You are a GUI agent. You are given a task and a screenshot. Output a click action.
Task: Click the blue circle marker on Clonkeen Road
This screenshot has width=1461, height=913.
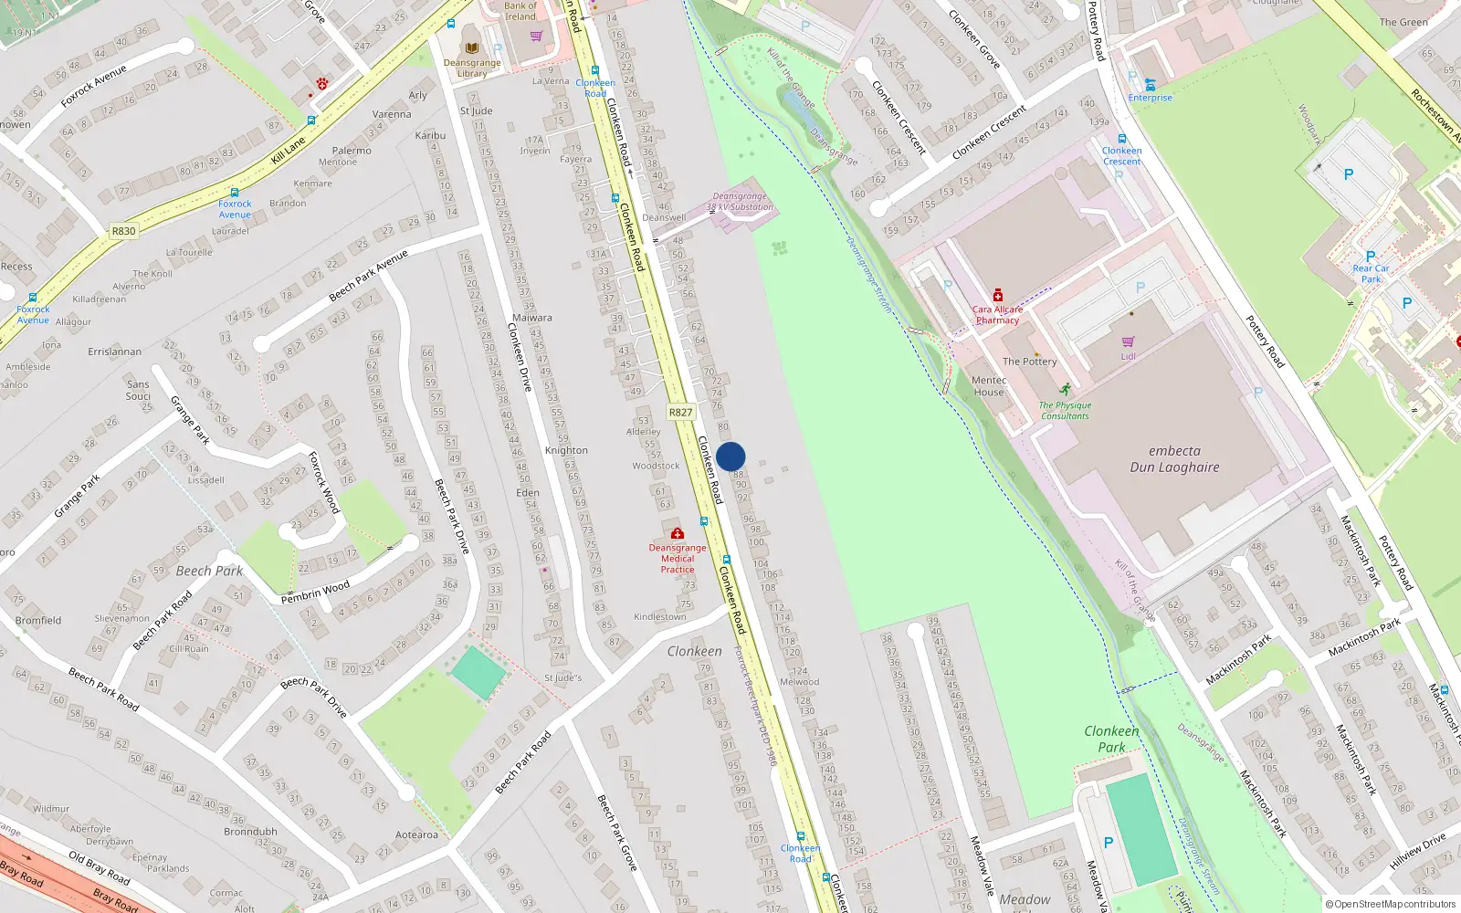coord(730,456)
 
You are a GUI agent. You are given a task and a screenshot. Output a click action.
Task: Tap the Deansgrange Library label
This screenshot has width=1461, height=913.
coord(472,68)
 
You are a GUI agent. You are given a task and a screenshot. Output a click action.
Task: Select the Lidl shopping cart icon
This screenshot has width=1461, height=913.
coord(1128,341)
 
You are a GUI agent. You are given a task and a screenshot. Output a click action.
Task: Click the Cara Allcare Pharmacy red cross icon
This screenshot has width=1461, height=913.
coord(998,296)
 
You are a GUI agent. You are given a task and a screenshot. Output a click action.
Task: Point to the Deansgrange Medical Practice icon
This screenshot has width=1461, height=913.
coord(677,533)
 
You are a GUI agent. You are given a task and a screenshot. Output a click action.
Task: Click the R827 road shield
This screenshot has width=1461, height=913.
coord(680,412)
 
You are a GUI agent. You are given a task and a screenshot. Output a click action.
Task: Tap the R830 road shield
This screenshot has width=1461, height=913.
coord(123,231)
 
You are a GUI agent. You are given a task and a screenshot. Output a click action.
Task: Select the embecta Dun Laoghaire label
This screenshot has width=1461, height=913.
coord(1174,459)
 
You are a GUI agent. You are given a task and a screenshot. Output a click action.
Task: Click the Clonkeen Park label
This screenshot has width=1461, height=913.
coord(1111,739)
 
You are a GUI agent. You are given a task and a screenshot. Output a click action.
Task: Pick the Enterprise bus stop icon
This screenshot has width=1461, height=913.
coord(1150,85)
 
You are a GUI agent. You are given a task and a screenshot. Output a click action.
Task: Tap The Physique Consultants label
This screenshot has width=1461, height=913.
coord(1065,410)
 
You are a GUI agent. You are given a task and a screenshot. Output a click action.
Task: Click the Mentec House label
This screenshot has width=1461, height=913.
coord(989,386)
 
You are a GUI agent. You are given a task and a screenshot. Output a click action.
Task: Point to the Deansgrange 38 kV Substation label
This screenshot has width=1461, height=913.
coord(741,202)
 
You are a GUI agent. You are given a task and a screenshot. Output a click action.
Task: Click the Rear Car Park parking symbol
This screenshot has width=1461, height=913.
coord(1370,257)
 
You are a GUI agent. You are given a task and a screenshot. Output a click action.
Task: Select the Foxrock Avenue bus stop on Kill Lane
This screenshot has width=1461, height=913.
coord(235,193)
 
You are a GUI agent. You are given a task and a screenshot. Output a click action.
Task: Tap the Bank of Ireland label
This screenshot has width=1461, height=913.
coord(520,11)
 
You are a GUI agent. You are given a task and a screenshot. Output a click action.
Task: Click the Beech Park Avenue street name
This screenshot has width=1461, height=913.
coord(368,275)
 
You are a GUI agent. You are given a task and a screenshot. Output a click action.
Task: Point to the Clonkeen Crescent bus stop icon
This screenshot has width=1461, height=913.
coord(1121,139)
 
